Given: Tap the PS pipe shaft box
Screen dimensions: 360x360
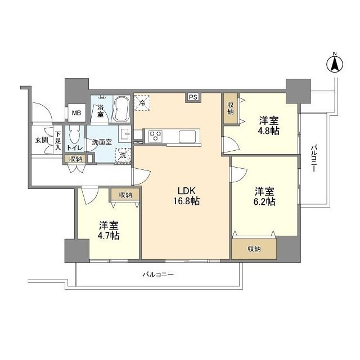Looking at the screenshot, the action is point(193,97).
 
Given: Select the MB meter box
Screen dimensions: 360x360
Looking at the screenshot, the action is point(76,113).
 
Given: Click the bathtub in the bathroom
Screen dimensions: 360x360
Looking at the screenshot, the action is point(122,109).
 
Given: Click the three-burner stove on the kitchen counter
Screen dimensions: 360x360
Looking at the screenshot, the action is point(155,136).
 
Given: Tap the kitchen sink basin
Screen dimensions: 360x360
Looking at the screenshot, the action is point(187,136).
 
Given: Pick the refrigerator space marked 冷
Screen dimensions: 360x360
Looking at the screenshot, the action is point(142,103).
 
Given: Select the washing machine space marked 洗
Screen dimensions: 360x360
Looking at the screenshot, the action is point(123,155).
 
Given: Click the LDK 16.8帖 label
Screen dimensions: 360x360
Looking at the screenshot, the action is point(186,196).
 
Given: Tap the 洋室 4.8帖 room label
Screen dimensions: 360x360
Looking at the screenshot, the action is point(269,125).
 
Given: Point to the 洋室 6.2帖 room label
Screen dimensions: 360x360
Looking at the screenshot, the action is point(264,196).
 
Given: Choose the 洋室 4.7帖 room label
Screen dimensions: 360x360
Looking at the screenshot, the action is point(109,231).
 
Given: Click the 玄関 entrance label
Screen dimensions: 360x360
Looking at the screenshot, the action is point(42,140).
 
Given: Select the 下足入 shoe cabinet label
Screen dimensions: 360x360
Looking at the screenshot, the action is point(57,141).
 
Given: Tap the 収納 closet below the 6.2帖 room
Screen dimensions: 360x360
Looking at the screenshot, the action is point(254,249).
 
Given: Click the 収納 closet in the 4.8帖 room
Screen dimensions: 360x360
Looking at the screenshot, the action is point(231,109).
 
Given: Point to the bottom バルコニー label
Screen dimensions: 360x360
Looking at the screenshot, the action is point(158,274).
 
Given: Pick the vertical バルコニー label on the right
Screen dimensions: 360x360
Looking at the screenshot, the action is point(314,159).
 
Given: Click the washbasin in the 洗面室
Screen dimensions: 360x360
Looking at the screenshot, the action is point(124,133).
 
